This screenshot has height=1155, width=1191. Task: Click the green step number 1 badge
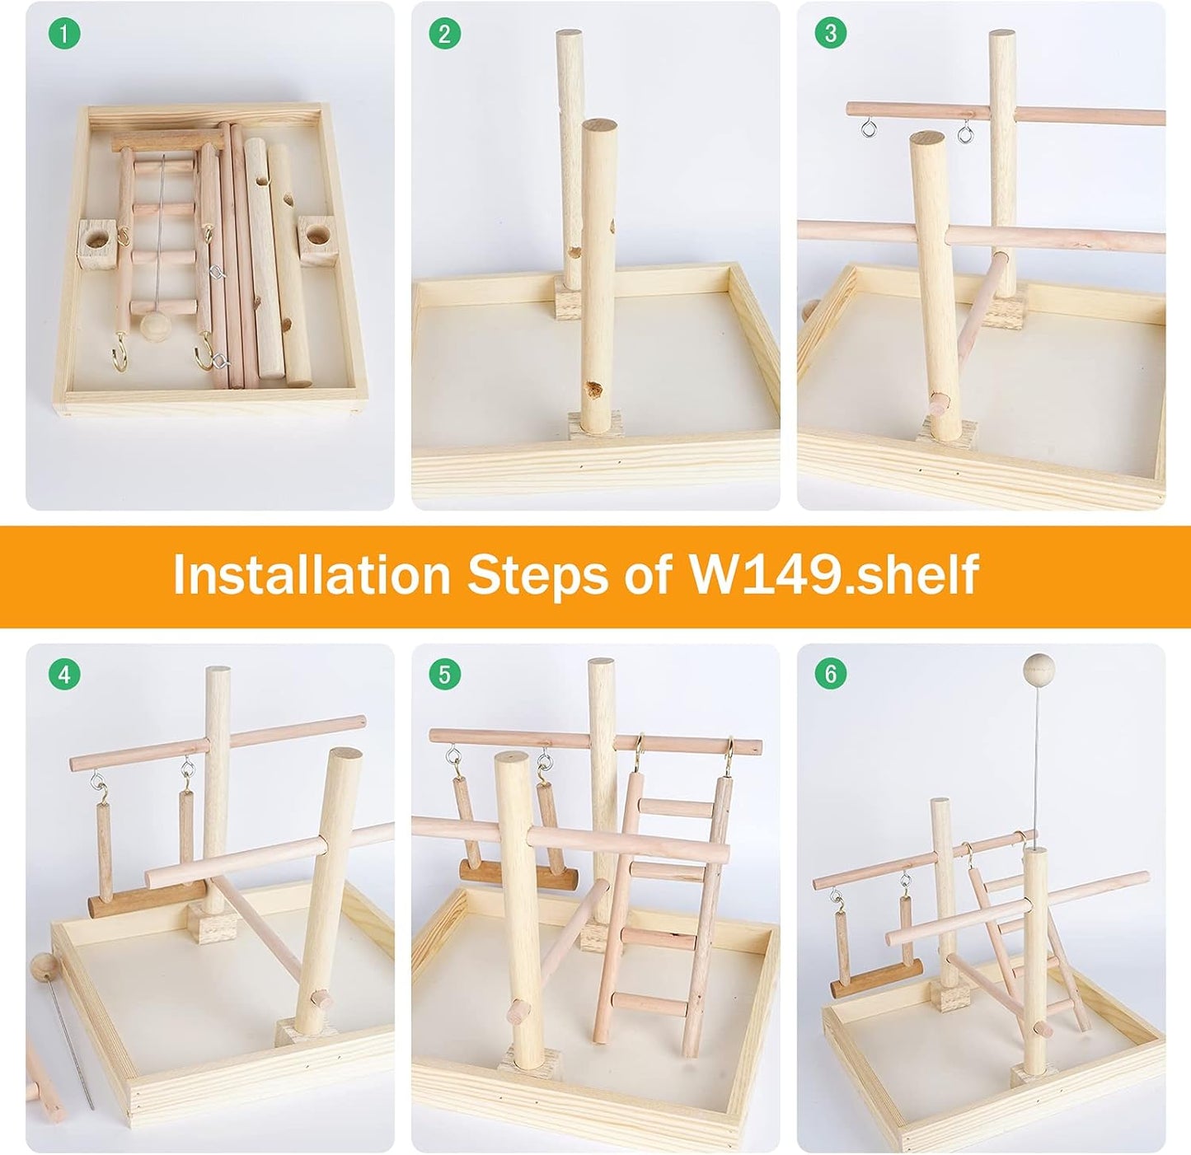[x=65, y=35]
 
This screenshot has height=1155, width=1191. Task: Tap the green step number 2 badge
[x=445, y=34]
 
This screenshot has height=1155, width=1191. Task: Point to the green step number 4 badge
[x=65, y=675]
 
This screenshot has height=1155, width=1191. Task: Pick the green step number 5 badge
[x=445, y=675]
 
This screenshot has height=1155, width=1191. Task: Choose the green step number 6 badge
[x=830, y=674]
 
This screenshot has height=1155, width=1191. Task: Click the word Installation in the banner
[x=312, y=575]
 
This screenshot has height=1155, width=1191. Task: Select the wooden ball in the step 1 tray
[x=152, y=325]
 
